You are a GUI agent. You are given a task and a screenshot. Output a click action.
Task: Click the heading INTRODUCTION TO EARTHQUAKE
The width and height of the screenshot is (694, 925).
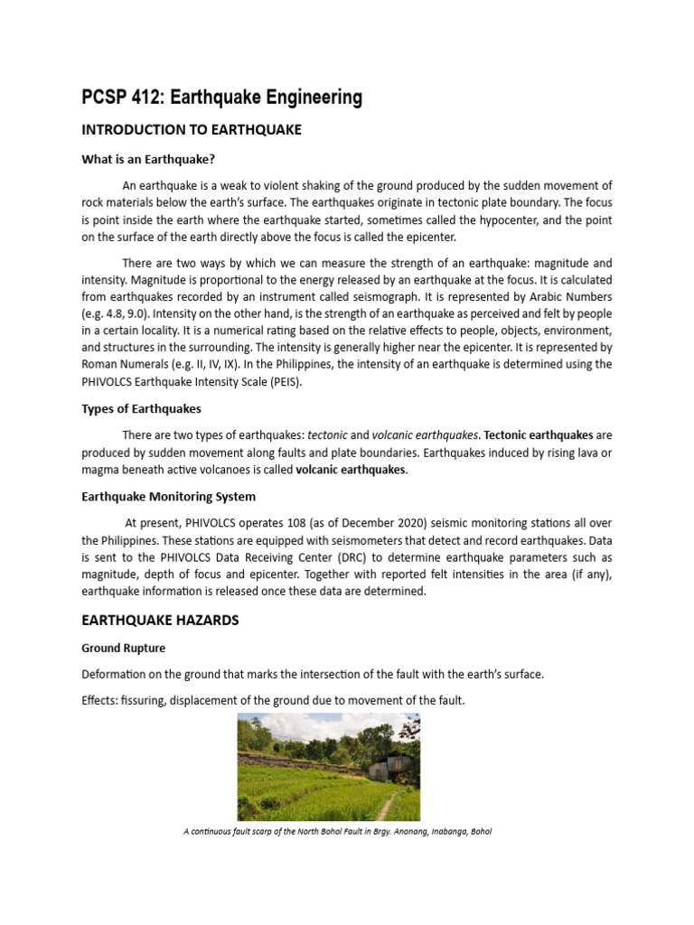(x=191, y=130)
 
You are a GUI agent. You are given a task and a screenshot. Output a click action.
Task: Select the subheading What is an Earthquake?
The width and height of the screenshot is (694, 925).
(x=147, y=160)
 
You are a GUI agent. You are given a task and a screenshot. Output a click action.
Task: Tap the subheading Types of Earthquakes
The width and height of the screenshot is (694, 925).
(x=141, y=408)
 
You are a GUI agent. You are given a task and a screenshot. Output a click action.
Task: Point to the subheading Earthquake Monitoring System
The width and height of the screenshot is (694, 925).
(x=168, y=496)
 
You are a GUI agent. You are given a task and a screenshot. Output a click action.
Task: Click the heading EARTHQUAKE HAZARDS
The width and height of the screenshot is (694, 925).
(x=159, y=621)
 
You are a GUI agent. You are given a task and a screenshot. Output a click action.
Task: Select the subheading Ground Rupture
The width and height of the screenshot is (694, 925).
(x=123, y=648)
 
